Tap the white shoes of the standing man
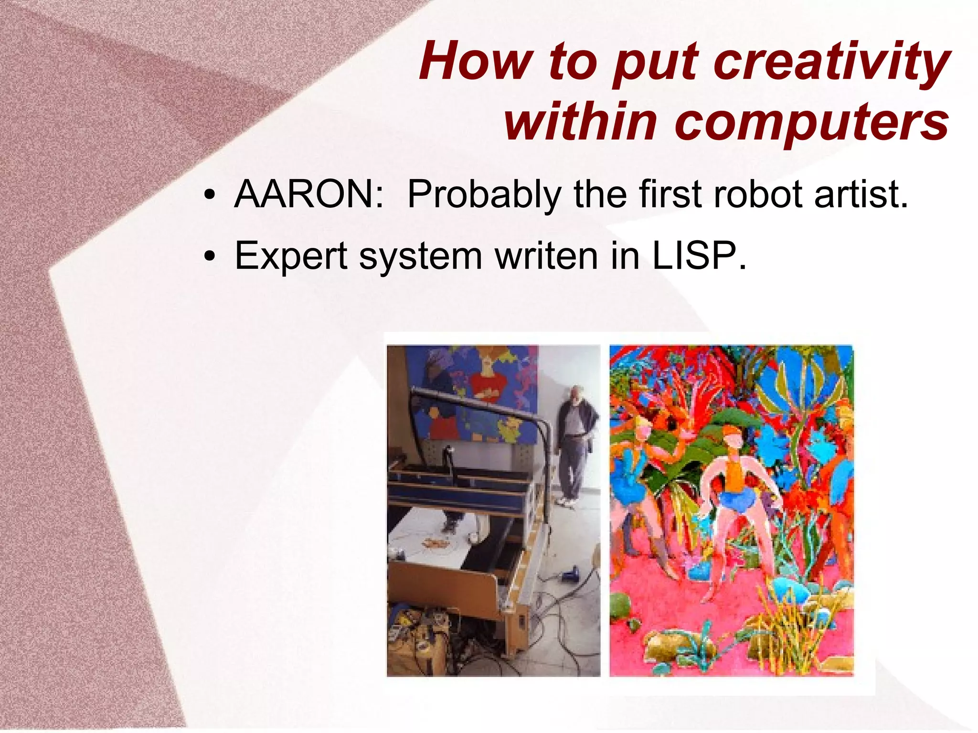568,501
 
